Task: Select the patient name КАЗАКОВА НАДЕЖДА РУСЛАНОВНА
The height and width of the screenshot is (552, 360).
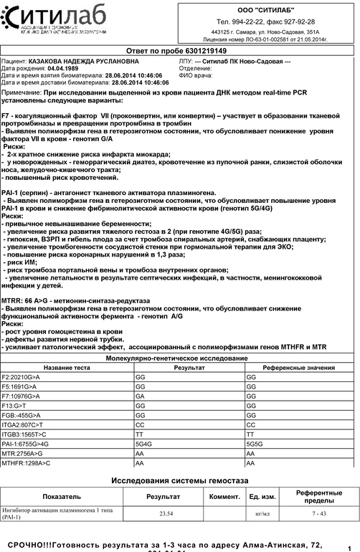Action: (x=84, y=62)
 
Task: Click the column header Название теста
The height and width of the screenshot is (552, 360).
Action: (x=67, y=367)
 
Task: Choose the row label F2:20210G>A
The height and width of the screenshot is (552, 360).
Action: (x=21, y=376)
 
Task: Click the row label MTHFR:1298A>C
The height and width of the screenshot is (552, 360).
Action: (x=26, y=464)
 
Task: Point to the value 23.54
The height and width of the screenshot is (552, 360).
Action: (x=166, y=513)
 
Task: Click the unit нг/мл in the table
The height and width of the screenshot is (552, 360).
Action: (x=263, y=513)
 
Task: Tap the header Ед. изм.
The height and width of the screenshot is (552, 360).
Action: (x=263, y=496)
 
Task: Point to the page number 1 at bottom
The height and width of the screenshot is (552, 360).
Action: (x=349, y=548)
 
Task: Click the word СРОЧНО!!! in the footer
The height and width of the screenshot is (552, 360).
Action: (x=29, y=545)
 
